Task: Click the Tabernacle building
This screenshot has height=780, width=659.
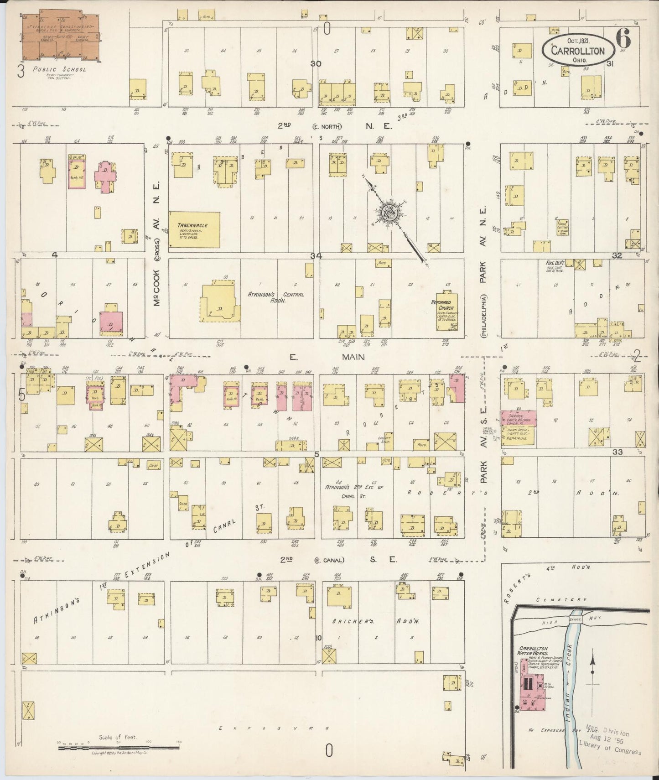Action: click(194, 229)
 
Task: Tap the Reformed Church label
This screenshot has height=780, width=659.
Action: click(441, 305)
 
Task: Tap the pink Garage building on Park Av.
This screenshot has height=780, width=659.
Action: click(519, 418)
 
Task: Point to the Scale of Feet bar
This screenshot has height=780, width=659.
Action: click(119, 747)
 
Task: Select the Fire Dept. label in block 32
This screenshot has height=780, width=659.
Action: click(555, 263)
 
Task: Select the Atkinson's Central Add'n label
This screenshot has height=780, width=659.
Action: click(275, 297)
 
